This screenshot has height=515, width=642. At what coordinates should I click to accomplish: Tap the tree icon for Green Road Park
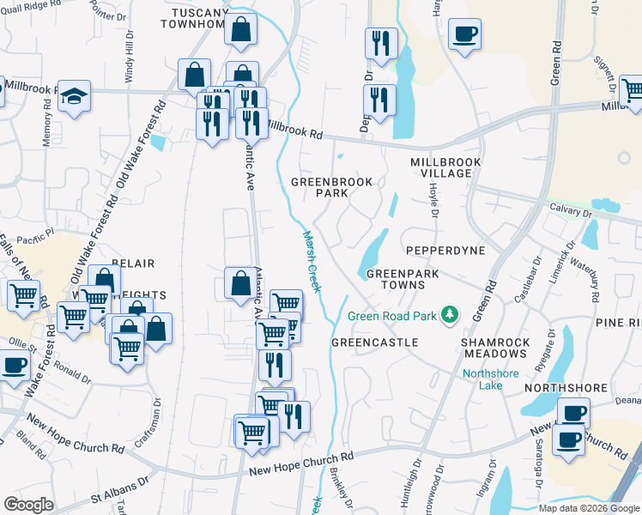[x=448, y=316]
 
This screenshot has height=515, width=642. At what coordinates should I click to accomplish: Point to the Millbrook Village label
[x=440, y=167]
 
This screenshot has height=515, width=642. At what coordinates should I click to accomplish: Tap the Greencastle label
[x=374, y=342]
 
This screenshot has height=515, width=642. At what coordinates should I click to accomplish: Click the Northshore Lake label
[x=495, y=379]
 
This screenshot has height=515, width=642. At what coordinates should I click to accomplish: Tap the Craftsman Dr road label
[x=157, y=412]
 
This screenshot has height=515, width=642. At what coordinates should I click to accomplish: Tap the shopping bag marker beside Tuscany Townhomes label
[x=241, y=28]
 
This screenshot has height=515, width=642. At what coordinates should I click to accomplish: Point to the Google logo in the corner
[x=28, y=505]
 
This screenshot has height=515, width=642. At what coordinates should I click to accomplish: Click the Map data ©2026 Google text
[x=588, y=508]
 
